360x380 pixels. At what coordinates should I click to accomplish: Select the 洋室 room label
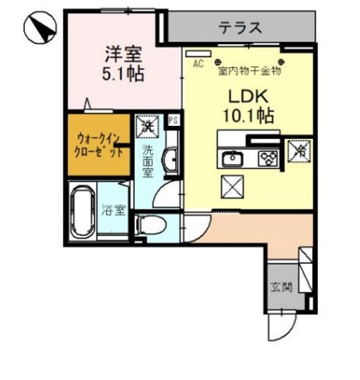[122, 54]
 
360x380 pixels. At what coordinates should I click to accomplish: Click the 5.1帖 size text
[122, 73]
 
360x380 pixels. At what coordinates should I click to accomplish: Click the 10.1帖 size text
[248, 115]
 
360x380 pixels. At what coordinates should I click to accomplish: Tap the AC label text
[198, 64]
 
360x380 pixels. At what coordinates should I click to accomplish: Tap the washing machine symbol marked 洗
[148, 126]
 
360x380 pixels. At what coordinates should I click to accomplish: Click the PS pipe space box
[172, 120]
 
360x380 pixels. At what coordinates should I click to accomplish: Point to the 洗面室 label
[148, 160]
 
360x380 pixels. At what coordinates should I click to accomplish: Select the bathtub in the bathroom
[82, 211]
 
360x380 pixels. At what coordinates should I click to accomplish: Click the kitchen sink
[231, 158]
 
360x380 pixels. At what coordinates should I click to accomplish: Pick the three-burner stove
[268, 158]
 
